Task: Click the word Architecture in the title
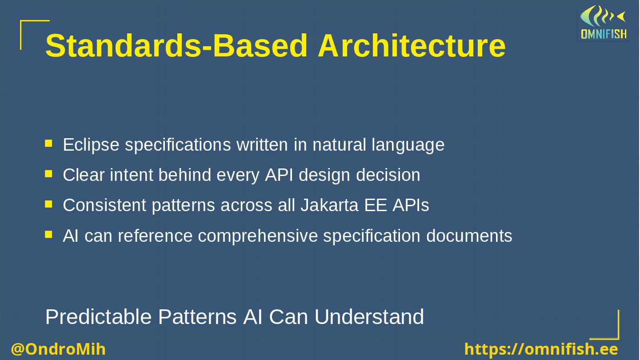point(412,46)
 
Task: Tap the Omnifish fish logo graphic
point(603,16)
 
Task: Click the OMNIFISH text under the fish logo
point(604,34)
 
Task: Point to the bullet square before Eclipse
point(48,143)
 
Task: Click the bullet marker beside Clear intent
point(48,174)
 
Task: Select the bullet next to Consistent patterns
point(48,204)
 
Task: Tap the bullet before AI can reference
point(48,235)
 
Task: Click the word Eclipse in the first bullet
point(91,145)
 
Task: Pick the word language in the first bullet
point(408,145)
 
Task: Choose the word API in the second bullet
point(279,175)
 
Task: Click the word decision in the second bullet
point(388,175)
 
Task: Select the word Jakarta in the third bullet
point(329,205)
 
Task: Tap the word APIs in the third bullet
point(411,205)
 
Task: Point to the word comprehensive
point(258,236)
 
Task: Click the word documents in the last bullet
point(469,236)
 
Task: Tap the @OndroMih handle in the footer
point(58,349)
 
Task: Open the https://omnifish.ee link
point(541,349)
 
